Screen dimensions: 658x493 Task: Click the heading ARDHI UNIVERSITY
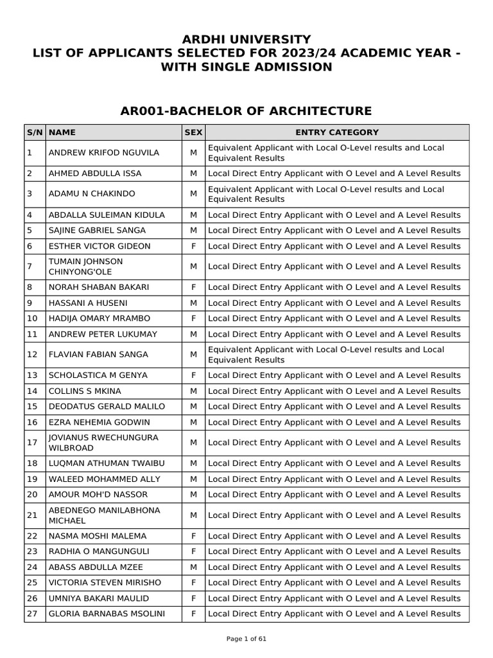[x=246, y=40]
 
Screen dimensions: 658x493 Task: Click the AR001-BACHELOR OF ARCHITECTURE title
[x=246, y=111]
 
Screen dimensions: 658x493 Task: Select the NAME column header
[x=62, y=132]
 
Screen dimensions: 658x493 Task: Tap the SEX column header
[x=193, y=132]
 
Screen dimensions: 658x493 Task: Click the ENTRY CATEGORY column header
[x=337, y=132]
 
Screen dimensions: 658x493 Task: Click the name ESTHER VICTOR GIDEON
[x=99, y=246]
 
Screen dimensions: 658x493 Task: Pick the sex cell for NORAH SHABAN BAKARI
[x=193, y=287]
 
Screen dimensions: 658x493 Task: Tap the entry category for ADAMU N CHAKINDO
[x=326, y=194]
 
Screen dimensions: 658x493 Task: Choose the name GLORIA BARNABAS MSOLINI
[x=107, y=614]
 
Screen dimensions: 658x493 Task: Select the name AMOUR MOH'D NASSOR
[x=98, y=494]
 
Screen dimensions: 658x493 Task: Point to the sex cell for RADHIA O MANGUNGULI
[x=193, y=551]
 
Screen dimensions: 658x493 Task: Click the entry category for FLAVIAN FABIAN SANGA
[x=326, y=355]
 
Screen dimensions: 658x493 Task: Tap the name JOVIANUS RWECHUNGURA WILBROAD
[x=103, y=443]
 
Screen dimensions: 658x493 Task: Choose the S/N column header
[x=35, y=132]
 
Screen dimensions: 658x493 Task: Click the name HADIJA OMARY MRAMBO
[x=99, y=318]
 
